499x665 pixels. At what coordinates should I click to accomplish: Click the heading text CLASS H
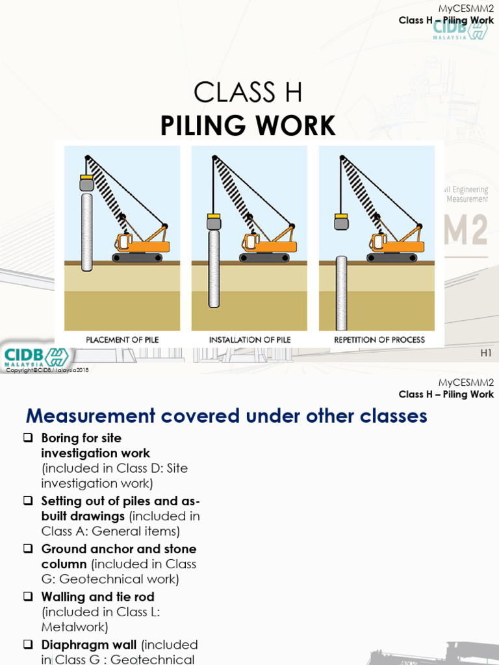click(248, 94)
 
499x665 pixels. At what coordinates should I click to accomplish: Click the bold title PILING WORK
click(248, 125)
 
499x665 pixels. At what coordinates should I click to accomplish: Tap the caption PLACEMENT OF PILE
click(122, 340)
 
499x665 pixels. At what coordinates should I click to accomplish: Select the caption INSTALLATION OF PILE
click(249, 340)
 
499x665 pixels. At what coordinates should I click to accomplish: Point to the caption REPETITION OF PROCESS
click(379, 340)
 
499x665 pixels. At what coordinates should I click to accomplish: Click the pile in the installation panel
click(214, 268)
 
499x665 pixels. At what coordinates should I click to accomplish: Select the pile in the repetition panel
click(341, 293)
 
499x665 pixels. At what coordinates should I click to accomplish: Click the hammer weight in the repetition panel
click(341, 223)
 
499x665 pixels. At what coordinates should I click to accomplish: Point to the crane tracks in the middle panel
click(264, 258)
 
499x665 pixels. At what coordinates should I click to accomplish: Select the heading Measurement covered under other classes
click(225, 416)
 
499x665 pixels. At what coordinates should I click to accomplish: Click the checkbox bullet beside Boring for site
click(28, 438)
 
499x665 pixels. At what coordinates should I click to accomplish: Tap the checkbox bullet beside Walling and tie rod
click(28, 596)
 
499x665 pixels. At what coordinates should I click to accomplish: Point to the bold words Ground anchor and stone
click(119, 549)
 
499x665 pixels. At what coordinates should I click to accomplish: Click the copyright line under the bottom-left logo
click(47, 370)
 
